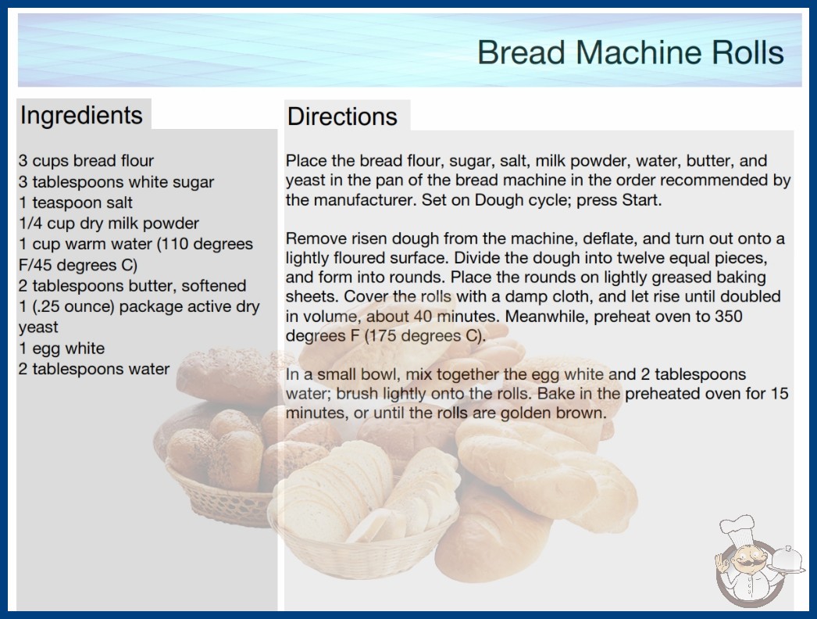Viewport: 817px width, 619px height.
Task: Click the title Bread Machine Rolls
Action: tap(630, 52)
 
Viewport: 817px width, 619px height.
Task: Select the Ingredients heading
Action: tap(81, 115)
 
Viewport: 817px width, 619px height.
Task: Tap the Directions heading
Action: tap(342, 116)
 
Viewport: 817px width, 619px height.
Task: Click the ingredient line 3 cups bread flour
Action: tap(86, 161)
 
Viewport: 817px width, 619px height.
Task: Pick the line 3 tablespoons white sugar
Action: tap(116, 181)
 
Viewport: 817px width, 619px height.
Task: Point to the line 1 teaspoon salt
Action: tap(76, 202)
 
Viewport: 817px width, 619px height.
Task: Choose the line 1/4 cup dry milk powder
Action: tap(109, 224)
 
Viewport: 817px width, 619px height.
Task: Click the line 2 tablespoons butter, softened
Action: tap(132, 286)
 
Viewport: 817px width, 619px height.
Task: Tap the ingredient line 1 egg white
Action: tap(62, 348)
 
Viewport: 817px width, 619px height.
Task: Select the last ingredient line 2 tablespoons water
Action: tap(94, 369)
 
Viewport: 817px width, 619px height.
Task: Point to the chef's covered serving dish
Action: tap(787, 560)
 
